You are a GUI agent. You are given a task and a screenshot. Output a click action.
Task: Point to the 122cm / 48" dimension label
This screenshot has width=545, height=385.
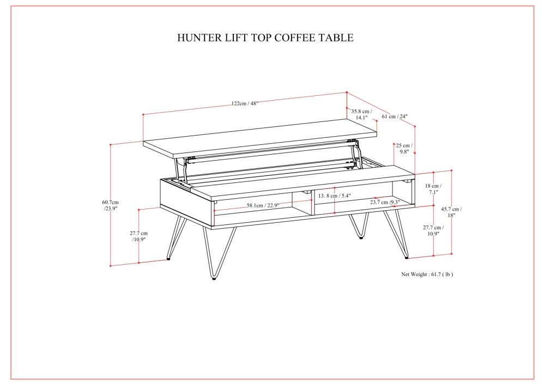coord(244,103)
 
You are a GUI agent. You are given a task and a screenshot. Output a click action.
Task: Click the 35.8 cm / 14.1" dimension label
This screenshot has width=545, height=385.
coord(361,114)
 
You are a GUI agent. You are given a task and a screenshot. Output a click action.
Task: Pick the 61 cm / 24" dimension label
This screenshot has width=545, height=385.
coord(395,116)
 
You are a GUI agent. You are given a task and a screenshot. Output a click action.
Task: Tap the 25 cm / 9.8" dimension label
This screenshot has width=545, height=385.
coord(404,149)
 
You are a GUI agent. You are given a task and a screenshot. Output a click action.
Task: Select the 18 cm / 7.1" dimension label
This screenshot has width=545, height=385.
coord(433,188)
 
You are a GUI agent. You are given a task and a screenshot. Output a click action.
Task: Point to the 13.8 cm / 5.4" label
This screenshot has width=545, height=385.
coord(335,195)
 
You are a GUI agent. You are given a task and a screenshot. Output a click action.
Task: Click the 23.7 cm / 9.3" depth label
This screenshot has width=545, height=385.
coord(385,202)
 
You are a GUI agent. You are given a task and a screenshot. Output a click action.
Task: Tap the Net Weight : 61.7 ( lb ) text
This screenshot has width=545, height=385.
coord(427,274)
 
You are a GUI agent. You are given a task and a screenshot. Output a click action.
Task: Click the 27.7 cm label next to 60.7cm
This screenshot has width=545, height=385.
coord(140,236)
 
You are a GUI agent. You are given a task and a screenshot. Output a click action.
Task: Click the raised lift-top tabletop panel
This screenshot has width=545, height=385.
coord(245,139)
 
